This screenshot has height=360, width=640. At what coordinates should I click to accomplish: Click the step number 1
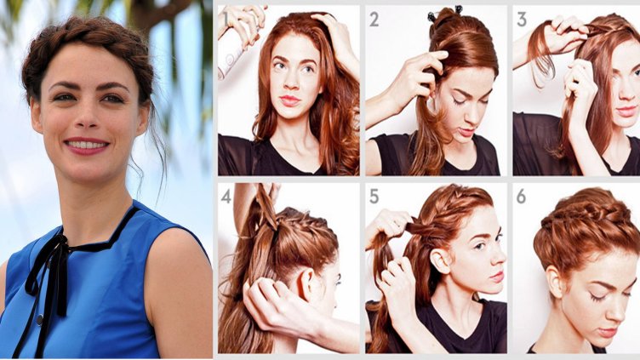coord(225,20)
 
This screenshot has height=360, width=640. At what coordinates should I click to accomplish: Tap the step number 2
coord(374,20)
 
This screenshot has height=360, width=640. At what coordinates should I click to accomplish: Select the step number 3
coord(522,20)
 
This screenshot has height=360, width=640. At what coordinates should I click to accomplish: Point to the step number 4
coord(226,197)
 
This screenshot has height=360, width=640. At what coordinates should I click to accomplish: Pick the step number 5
coord(374,197)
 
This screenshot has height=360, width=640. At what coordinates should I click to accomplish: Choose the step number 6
coord(521,197)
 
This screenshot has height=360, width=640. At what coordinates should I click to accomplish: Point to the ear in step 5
coord(439,261)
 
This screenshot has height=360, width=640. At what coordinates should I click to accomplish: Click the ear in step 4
coord(306,283)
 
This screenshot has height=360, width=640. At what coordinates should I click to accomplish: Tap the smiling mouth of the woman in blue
coord(87,146)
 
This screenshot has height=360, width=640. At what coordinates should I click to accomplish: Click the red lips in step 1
coord(289,100)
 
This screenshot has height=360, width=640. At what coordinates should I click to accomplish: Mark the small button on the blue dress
coord(39,319)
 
